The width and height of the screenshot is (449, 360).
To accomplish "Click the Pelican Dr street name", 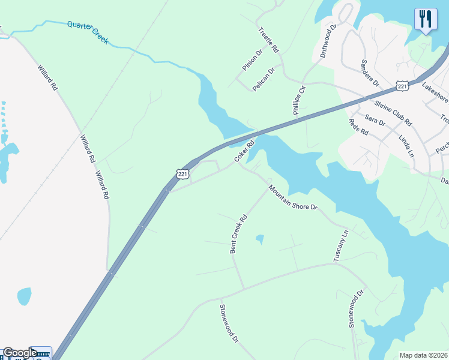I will click(x=264, y=79).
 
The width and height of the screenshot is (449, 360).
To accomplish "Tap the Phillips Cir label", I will click(x=299, y=98).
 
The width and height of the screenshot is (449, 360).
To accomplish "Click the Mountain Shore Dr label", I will click(x=292, y=197).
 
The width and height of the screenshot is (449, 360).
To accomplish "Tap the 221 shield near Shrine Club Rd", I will click(x=402, y=87).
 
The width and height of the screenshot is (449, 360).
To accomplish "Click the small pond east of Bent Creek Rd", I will click(x=259, y=239).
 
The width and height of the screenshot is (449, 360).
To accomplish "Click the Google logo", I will click(x=20, y=353).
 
